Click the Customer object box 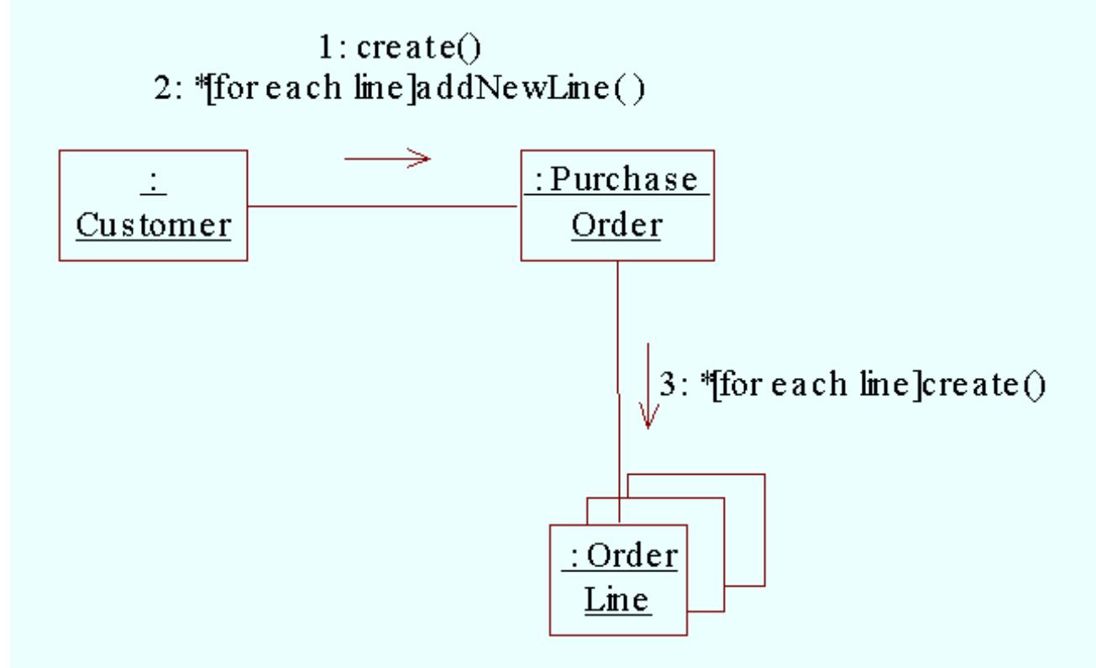[153, 205]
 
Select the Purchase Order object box [616, 205]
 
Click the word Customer [153, 225]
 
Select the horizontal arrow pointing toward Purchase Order [387, 157]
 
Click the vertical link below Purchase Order [618, 336]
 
